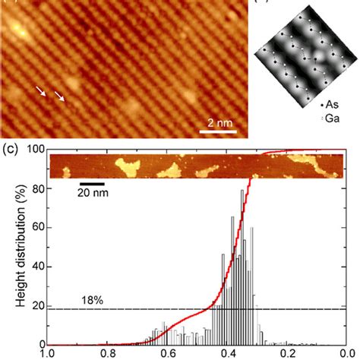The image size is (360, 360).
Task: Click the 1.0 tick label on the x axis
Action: (50, 352)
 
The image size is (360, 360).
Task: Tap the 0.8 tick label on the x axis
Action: (109, 352)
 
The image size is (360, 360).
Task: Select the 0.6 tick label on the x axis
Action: (169, 352)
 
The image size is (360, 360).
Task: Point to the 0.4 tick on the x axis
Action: (228, 352)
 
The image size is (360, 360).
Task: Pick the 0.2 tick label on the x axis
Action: (287, 352)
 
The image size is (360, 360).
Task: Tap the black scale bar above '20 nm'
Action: (92, 184)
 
